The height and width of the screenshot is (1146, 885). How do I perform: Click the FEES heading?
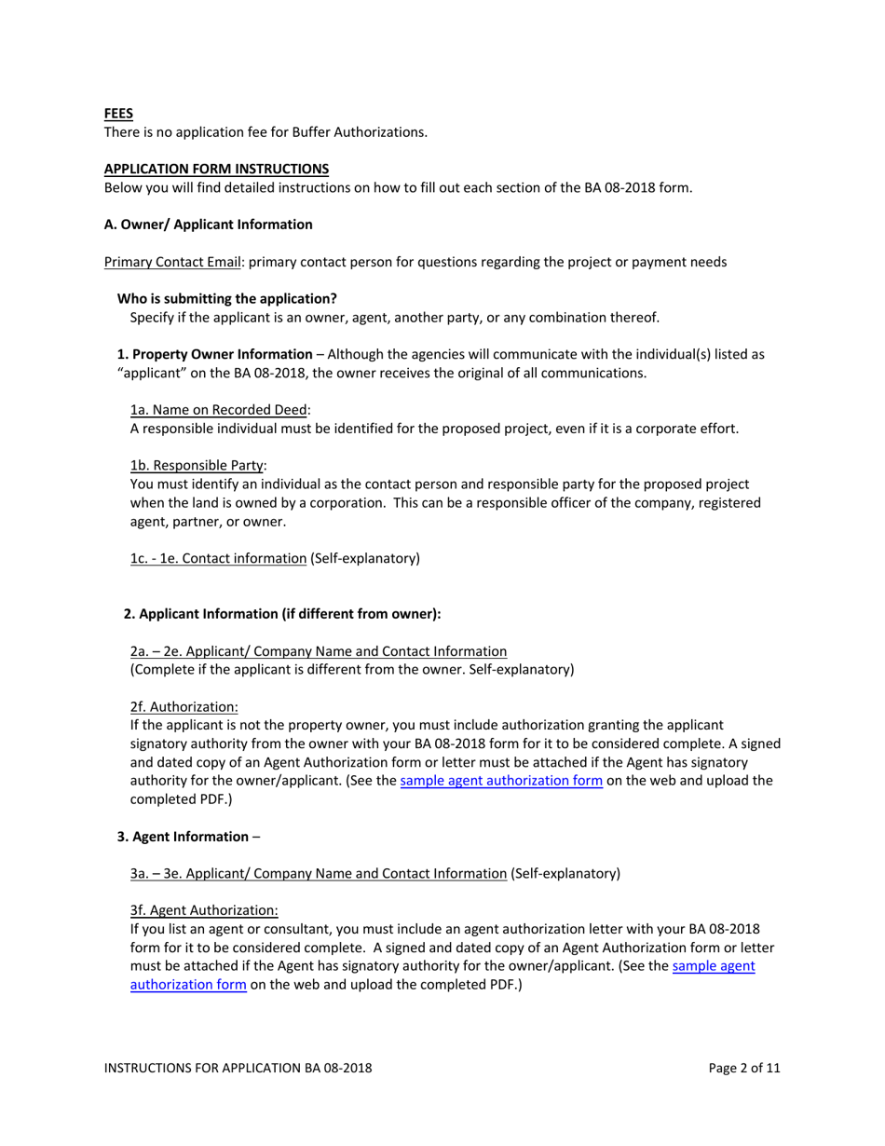pos(117,114)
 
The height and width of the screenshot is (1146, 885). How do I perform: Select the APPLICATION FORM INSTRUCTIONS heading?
pos(215,169)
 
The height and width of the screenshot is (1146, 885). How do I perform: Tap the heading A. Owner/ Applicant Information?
pos(208,225)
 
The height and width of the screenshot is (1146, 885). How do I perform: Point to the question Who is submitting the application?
pos(226,298)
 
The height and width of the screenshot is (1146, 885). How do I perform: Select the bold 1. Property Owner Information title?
pos(214,354)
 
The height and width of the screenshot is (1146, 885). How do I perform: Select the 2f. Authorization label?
pos(184,706)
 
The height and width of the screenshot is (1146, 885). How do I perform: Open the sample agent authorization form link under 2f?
pos(500,781)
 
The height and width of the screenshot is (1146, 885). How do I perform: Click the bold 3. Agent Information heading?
pos(183,836)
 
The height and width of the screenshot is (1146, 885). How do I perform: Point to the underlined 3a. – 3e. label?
pos(319,873)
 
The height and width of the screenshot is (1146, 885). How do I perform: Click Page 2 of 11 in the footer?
pos(743,1069)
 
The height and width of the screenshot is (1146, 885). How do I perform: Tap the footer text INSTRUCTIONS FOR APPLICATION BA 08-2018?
pos(238,1069)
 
